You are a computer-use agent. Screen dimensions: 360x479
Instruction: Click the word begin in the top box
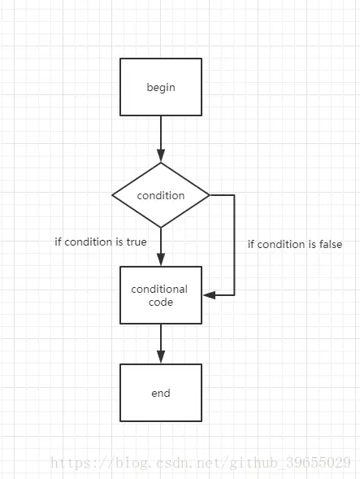[x=161, y=88]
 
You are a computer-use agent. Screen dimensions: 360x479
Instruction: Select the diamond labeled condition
[x=161, y=195]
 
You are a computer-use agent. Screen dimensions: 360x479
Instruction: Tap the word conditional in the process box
[x=159, y=289]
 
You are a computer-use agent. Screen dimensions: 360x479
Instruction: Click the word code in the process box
[x=161, y=303]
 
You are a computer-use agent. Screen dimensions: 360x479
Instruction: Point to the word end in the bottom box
[x=161, y=393]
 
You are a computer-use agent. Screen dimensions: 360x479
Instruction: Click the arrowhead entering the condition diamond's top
[x=161, y=156]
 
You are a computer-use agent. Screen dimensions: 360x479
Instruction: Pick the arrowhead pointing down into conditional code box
[x=161, y=260]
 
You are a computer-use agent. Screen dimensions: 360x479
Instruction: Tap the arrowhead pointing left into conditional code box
[x=210, y=295]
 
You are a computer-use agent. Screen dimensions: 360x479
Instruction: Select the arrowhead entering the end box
[x=161, y=357]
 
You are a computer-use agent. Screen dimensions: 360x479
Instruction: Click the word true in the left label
[x=137, y=242]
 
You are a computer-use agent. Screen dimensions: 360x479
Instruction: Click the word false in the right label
[x=331, y=245]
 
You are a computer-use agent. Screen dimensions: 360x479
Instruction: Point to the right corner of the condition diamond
[x=210, y=195]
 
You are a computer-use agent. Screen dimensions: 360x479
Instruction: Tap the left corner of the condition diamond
[x=112, y=195]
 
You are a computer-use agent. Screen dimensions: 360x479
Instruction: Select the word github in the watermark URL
[x=253, y=463]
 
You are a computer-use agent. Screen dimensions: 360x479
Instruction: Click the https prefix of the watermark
[x=70, y=463]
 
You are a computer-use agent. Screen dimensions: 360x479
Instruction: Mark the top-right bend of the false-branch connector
[x=234, y=195]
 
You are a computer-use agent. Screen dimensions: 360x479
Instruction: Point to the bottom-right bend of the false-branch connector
[x=234, y=295]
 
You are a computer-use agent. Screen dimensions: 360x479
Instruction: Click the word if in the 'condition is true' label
[x=58, y=242]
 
